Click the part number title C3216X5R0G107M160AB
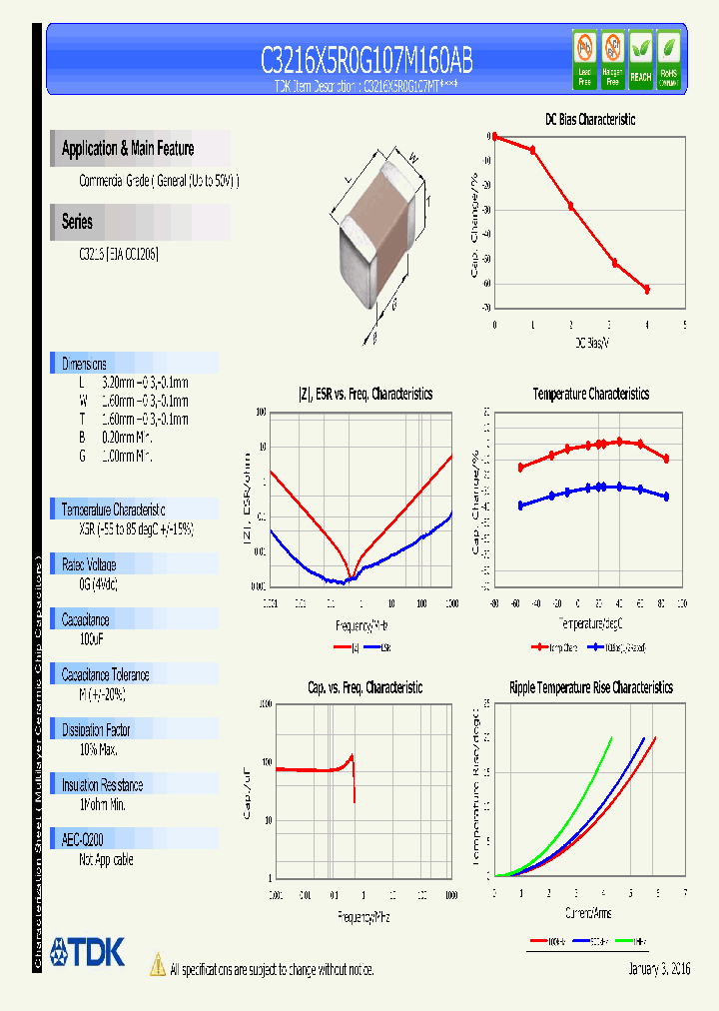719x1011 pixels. (x=366, y=61)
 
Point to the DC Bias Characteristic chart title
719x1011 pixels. (x=589, y=120)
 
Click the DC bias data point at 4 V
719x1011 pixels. (x=647, y=289)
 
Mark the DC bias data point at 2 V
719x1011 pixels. (x=571, y=206)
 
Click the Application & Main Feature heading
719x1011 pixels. (x=128, y=149)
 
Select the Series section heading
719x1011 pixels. (x=77, y=222)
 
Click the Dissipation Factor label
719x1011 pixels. (x=103, y=730)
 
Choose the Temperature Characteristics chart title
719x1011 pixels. (x=590, y=395)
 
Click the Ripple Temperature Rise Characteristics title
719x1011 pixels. (x=590, y=688)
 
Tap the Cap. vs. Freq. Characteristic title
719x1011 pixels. (x=364, y=688)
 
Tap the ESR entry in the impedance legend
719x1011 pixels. (x=379, y=647)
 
